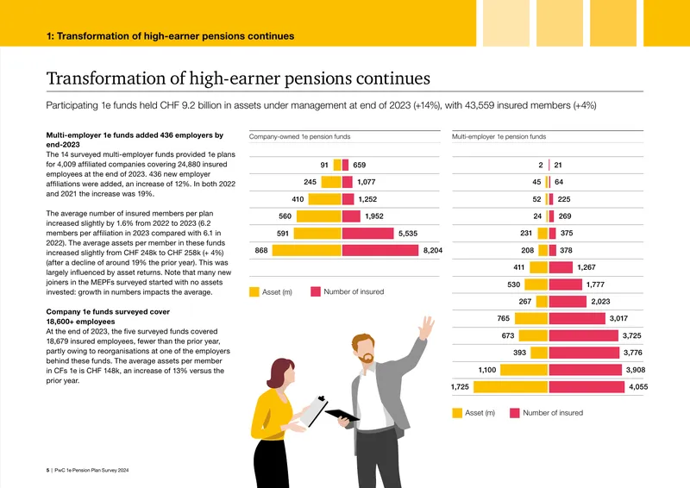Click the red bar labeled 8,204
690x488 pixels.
[380, 250]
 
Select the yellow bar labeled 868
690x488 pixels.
[307, 250]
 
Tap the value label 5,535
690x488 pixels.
[408, 233]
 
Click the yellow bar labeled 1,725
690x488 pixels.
[511, 387]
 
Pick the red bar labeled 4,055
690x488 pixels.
[586, 387]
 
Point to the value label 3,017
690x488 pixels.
[618, 318]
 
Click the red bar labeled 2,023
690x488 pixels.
[568, 302]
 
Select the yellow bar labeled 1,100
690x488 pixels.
[524, 370]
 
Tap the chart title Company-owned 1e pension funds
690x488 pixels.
[299, 137]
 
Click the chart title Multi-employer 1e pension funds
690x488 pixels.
[499, 137]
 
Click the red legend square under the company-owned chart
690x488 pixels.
[316, 291]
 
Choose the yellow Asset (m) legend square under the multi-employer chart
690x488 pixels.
[457, 413]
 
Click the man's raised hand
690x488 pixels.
[426, 328]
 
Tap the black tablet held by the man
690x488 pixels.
[342, 415]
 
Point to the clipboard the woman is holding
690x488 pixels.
[313, 411]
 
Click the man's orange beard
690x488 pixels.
[366, 358]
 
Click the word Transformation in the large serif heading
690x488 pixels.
[105, 78]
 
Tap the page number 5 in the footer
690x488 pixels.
[47, 471]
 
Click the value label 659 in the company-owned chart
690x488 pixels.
[359, 165]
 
